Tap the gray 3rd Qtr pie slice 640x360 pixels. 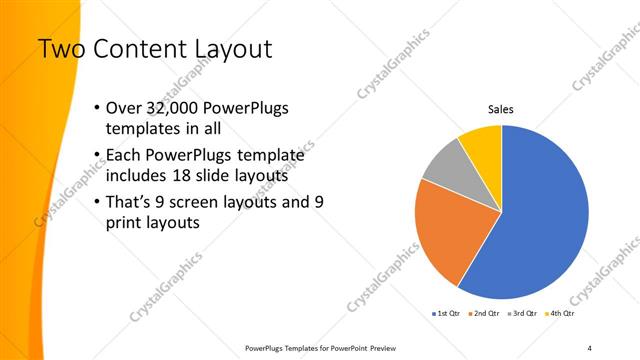coord(444,165)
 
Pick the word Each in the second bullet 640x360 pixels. coord(124,154)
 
